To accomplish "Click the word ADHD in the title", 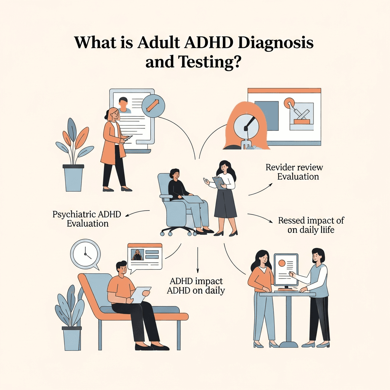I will (205, 43).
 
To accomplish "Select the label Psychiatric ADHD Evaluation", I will (87, 219).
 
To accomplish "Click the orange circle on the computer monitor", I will (282, 263).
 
